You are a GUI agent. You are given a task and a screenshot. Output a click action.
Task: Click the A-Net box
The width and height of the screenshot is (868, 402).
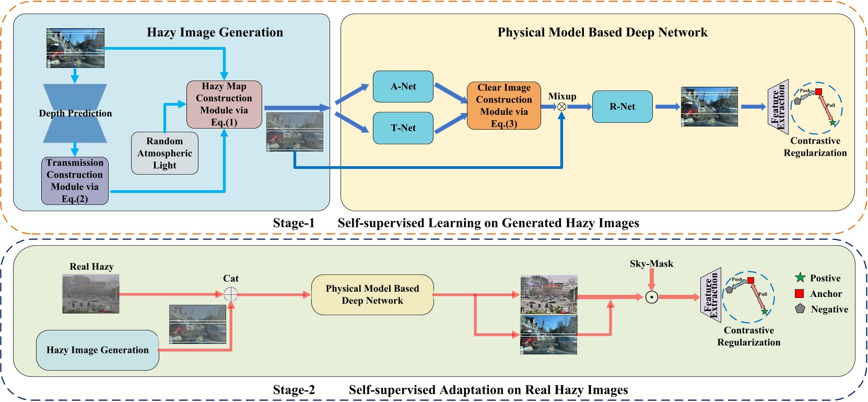pyautogui.click(x=403, y=87)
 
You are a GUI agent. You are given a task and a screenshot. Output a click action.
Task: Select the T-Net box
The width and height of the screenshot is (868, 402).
pyautogui.click(x=403, y=128)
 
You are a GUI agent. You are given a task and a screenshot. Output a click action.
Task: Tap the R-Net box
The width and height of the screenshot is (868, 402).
pyautogui.click(x=622, y=107)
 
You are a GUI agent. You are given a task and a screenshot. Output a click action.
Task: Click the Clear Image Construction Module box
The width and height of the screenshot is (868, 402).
pyautogui.click(x=503, y=106)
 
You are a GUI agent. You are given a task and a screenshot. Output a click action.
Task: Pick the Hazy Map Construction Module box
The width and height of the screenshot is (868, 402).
pyautogui.click(x=224, y=105)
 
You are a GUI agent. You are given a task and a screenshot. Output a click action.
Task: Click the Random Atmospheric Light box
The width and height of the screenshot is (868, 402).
pyautogui.click(x=165, y=153)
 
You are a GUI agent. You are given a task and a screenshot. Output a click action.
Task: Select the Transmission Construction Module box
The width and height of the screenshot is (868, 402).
pyautogui.click(x=75, y=181)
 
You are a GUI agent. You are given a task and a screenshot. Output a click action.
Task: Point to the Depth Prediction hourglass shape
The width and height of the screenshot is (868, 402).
pyautogui.click(x=75, y=113)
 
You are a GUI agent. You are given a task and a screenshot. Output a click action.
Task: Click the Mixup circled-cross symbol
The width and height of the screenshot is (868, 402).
pyautogui.click(x=561, y=107)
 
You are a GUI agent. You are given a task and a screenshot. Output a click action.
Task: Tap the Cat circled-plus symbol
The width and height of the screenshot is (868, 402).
pyautogui.click(x=230, y=294)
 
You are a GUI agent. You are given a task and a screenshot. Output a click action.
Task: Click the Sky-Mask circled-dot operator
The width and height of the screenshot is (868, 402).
pyautogui.click(x=651, y=297)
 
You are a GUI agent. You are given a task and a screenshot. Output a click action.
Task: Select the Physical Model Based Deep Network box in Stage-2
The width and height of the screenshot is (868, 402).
pyautogui.click(x=372, y=295)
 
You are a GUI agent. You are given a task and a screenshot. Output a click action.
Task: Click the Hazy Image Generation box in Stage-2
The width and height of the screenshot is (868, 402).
pyautogui.click(x=97, y=350)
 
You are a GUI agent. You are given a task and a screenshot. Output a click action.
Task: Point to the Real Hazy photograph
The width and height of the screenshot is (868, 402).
pyautogui.click(x=91, y=294)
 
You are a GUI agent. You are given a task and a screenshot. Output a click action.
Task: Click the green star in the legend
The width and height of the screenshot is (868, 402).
pyautogui.click(x=800, y=278)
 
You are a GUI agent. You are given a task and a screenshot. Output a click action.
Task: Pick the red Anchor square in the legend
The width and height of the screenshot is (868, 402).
pyautogui.click(x=799, y=294)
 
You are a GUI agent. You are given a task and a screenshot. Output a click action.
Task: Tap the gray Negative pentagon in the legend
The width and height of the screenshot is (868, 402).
pyautogui.click(x=800, y=309)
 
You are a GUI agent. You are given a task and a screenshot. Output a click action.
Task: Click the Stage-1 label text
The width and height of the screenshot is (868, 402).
pyautogui.click(x=294, y=223)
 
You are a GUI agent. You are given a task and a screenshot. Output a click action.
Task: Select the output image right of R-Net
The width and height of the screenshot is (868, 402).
pyautogui.click(x=709, y=107)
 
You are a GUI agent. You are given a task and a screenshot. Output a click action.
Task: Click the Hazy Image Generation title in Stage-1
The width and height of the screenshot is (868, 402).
pyautogui.click(x=215, y=32)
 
